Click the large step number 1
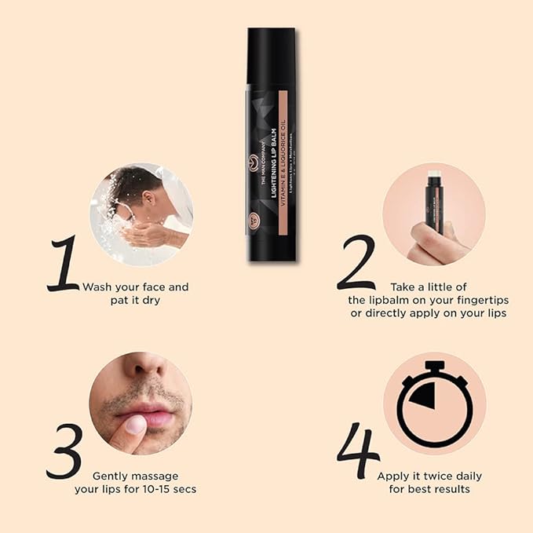point(64,264)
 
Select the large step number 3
point(64,451)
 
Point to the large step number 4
point(358,451)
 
